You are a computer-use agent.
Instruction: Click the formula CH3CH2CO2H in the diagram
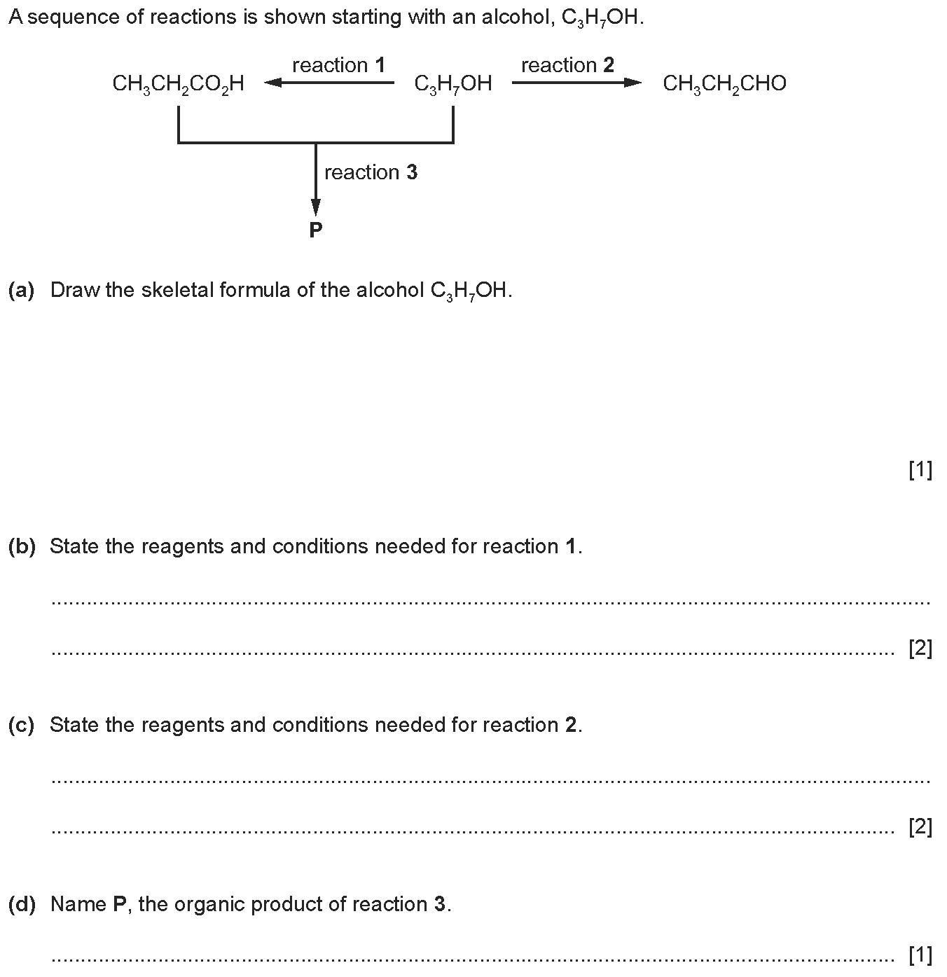point(178,84)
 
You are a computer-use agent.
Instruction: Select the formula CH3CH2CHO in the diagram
point(724,83)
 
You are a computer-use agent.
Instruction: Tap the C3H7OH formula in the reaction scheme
point(453,84)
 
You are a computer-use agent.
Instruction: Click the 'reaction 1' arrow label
point(339,64)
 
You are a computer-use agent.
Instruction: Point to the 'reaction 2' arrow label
point(567,64)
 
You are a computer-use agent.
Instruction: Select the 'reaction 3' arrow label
point(371,172)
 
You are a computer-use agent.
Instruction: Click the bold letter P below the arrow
point(315,230)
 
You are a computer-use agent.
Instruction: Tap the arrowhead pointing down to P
point(315,207)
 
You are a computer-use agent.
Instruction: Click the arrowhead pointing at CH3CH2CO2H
point(272,83)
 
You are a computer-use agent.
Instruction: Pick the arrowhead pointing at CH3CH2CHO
point(633,83)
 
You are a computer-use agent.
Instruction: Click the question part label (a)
point(22,290)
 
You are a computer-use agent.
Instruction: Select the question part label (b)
point(22,546)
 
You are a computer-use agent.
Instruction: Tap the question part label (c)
point(22,725)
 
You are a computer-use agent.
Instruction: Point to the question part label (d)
point(22,904)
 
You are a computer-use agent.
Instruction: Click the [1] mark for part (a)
point(920,470)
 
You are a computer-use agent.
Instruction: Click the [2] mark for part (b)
point(920,648)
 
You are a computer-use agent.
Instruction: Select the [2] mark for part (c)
point(920,827)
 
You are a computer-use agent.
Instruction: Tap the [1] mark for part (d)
point(920,955)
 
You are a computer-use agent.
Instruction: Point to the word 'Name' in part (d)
point(78,904)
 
